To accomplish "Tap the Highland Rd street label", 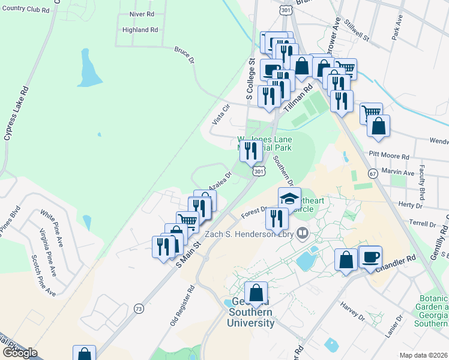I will (140, 29).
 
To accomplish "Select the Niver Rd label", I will (142, 13).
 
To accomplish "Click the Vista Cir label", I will (221, 114).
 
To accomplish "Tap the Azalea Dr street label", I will (220, 181).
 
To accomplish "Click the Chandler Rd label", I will (396, 264).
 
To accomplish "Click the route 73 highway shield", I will (139, 308).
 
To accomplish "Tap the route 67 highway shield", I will (373, 174).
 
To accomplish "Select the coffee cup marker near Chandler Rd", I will (370, 257).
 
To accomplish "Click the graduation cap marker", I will (289, 197).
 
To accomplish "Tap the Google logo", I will (20, 353).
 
